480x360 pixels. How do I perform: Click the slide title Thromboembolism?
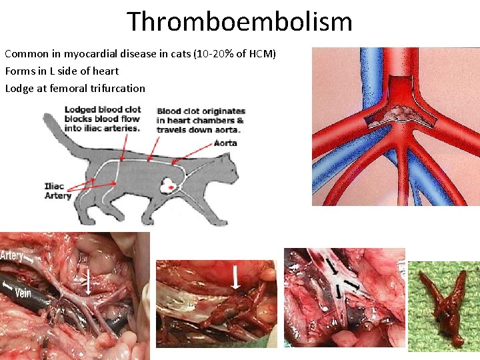(239, 21)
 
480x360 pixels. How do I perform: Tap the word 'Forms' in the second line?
(19, 71)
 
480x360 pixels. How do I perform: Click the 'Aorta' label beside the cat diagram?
(226, 143)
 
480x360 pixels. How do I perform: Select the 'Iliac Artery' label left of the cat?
(57, 191)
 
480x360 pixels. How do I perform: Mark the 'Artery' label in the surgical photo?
(13, 255)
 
